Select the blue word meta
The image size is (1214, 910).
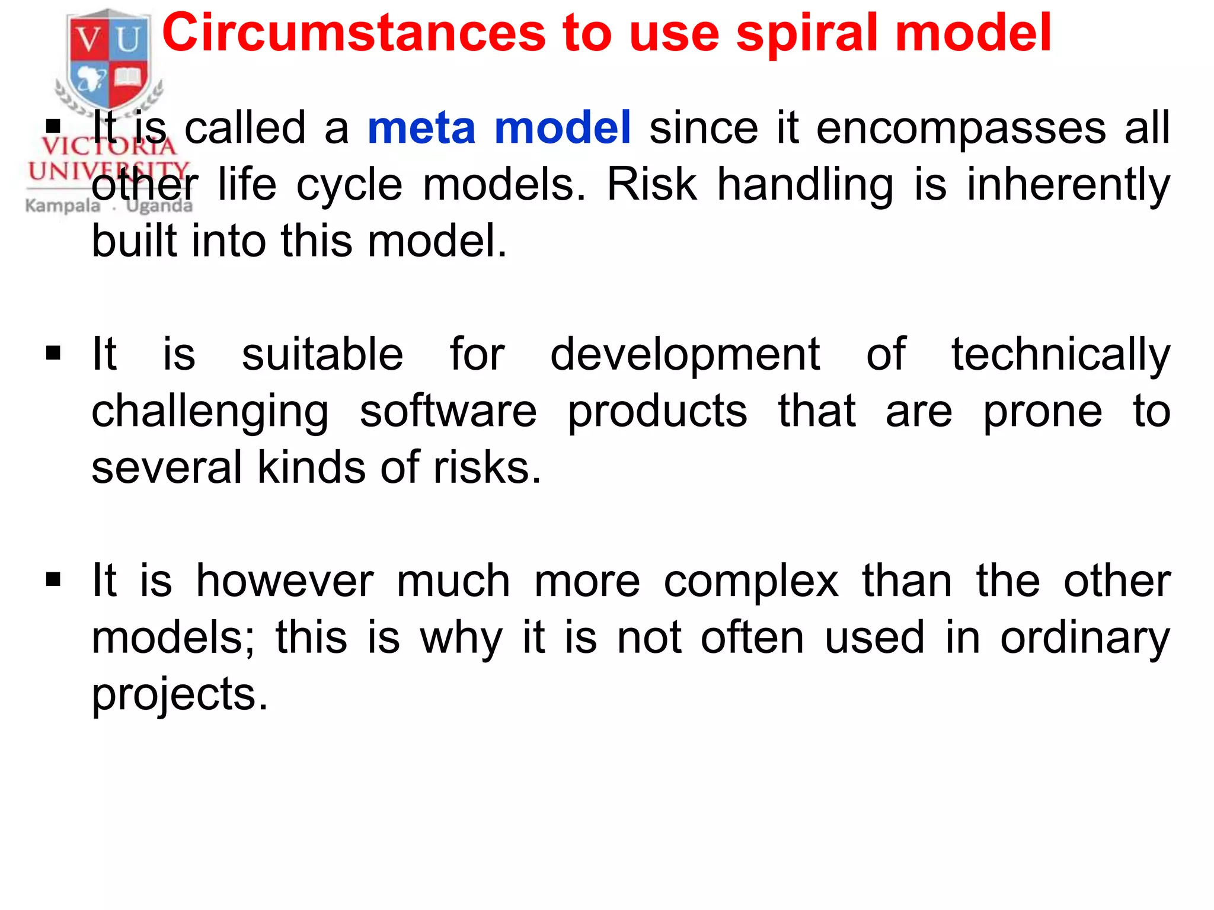click(x=421, y=128)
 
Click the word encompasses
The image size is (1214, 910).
click(x=960, y=129)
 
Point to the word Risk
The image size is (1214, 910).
click(x=652, y=185)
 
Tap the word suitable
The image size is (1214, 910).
click(x=322, y=354)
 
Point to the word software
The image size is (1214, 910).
click(x=448, y=411)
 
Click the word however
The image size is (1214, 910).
click(x=285, y=581)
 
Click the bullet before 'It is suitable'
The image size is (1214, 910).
click(x=53, y=354)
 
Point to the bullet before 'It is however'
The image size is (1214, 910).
click(x=53, y=580)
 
